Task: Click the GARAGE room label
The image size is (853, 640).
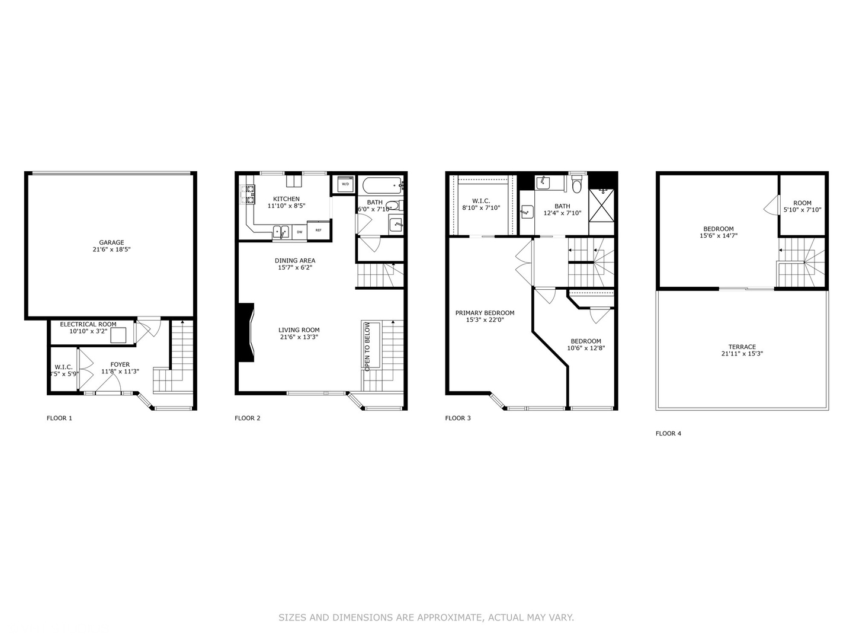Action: (111, 242)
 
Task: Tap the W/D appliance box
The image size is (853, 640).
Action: (345, 184)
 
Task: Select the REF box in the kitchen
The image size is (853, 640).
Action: (318, 230)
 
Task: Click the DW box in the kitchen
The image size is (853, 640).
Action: (300, 232)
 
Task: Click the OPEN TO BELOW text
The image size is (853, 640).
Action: (367, 347)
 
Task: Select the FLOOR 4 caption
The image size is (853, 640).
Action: (668, 433)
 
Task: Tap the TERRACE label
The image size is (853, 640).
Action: (742, 347)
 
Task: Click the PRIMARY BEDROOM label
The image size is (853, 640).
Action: (485, 313)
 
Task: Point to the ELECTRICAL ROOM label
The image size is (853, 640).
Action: (88, 324)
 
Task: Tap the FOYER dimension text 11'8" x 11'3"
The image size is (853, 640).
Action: (120, 372)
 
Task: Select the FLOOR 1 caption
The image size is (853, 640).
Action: (59, 418)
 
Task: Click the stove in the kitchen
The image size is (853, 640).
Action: (247, 194)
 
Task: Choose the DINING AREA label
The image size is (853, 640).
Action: (295, 261)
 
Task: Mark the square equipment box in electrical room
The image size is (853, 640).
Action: (118, 335)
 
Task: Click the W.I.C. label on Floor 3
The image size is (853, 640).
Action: (481, 201)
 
